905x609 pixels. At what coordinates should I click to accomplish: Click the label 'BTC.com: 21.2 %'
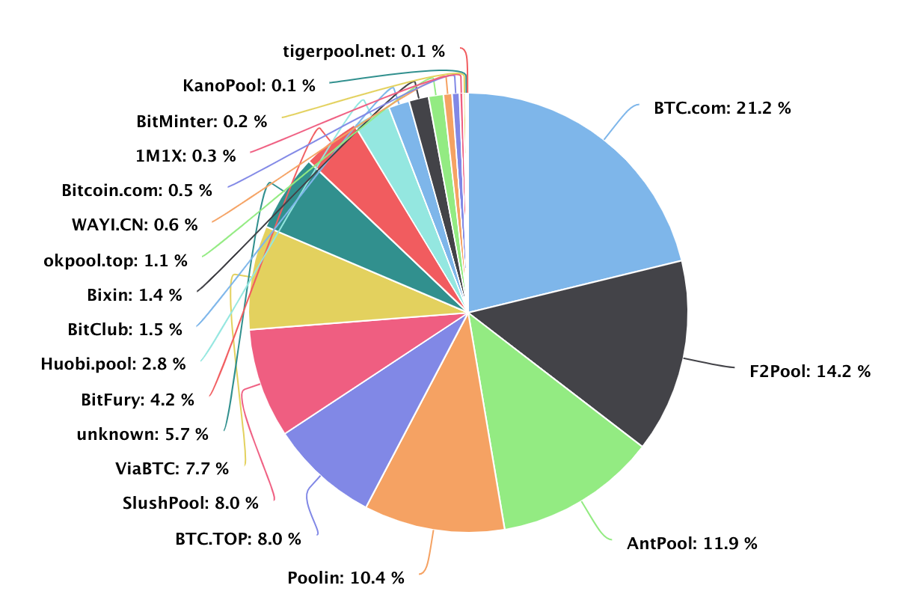[x=722, y=108]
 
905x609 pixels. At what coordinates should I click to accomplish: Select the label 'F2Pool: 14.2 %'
[x=810, y=371]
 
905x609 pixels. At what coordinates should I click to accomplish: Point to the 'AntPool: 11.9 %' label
[x=692, y=543]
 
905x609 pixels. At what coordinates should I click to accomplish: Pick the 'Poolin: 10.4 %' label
[x=346, y=578]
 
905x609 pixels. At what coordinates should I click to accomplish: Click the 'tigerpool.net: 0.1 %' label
[x=363, y=51]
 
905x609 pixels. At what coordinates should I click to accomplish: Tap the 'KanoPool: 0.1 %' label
[x=249, y=85]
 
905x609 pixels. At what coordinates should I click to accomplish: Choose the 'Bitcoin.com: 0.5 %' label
[x=137, y=190]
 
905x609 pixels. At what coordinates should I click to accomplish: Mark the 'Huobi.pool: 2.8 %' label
[x=114, y=364]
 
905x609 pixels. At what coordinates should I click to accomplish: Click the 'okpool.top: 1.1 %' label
[x=116, y=260]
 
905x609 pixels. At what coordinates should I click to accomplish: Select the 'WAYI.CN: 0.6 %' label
[x=134, y=224]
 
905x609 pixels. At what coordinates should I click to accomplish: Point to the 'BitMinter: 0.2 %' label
[x=202, y=120]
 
